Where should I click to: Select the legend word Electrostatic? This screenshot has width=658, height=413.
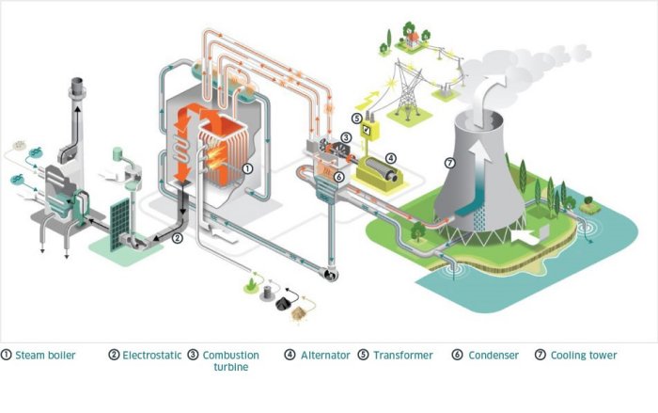coord(148,356)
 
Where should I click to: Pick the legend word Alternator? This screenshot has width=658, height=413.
coord(323,356)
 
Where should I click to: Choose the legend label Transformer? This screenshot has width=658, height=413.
coord(402,356)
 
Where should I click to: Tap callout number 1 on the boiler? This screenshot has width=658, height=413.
coord(246,167)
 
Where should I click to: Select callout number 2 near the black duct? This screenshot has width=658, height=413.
coord(177,238)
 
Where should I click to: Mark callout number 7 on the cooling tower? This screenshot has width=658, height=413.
coord(450,163)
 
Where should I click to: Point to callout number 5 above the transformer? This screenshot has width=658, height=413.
coord(357,119)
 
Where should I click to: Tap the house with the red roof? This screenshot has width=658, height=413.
coord(411,39)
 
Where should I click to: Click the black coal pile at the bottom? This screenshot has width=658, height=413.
coord(281,303)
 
